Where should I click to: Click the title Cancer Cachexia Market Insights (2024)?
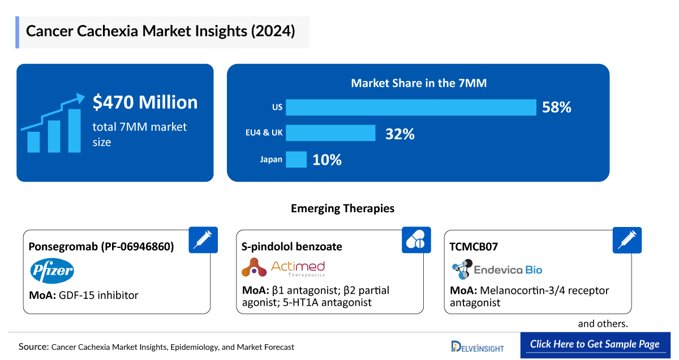161,32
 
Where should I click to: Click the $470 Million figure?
145,102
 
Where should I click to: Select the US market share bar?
411,107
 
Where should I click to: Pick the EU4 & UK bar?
330,134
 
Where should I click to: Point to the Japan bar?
296,160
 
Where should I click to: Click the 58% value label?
557,107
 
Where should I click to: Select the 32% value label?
400,134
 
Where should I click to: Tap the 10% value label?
327,160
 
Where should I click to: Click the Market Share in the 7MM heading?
419,83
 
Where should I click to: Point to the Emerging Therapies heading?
342,208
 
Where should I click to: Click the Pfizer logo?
51,271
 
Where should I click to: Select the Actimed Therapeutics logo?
283,268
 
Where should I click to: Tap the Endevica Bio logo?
497,269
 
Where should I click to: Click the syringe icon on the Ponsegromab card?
202,240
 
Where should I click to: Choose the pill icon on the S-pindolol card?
416,240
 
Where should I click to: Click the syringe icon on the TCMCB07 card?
627,240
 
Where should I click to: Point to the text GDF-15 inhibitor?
98,295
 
